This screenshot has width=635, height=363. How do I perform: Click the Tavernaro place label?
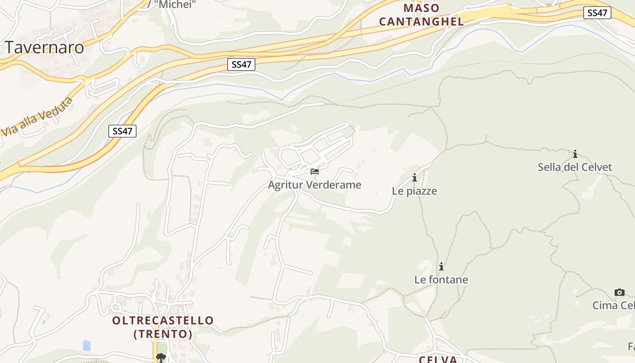coord(44,47)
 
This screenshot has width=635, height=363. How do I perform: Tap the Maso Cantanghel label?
coord(421,15)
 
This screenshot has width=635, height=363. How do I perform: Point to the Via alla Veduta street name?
coord(37,116)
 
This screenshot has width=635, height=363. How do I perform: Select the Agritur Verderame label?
coord(314,185)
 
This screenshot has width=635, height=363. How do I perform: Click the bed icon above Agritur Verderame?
coord(314,172)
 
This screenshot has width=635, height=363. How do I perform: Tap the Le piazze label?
coord(414,191)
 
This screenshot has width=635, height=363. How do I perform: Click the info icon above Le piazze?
coord(414,178)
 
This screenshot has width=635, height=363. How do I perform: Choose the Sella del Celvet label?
coord(575,167)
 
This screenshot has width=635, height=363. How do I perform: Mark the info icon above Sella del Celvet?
coord(575,154)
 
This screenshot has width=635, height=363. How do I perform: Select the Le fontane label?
coord(441,280)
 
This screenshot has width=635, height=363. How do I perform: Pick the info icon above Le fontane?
coord(441,266)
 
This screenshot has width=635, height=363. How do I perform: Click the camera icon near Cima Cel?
coord(619,292)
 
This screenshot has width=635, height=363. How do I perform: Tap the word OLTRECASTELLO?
coord(163,320)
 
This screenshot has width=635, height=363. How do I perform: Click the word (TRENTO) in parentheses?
coord(163,334)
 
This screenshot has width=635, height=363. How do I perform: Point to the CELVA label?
coord(438,359)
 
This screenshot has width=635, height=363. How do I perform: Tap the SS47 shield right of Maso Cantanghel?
coord(597,13)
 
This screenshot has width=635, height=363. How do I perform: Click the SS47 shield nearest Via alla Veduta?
coord(122,131)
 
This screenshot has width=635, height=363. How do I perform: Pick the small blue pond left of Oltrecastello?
coord(87,345)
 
